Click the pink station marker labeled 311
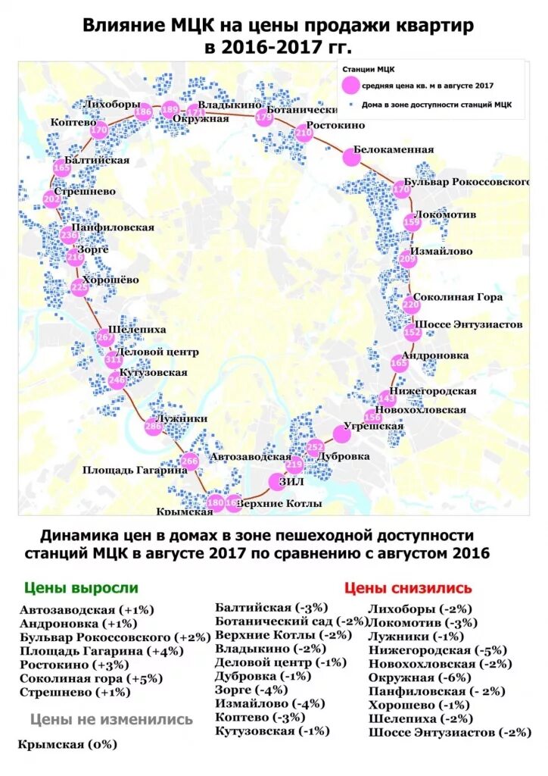pos(113,359)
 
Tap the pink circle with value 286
pos(154,427)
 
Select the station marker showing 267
pos(106,338)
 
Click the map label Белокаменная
pos(394,150)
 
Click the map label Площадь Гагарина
pos(135,470)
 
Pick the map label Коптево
pos(73,122)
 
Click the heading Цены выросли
pos(81,588)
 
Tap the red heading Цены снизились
pos(407,588)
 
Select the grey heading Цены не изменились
pos(111,719)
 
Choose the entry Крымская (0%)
pos(68,745)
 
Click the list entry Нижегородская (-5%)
pos(437,650)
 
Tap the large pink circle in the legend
pos(349,85)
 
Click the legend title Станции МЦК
pos(363,69)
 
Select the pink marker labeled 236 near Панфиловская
pos(69,236)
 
